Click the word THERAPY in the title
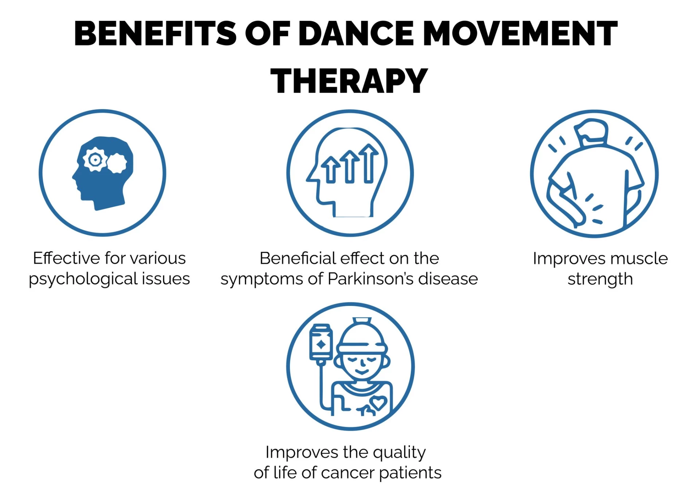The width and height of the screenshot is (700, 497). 349,81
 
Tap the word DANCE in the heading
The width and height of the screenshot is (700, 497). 357,33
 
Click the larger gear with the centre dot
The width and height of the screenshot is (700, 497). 95,159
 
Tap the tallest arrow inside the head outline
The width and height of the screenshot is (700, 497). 369,163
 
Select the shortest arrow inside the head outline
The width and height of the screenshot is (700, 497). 331,170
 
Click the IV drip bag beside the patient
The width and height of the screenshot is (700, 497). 321,342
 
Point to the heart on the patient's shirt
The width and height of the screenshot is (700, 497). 378,403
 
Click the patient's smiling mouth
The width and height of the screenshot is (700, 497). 362,372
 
